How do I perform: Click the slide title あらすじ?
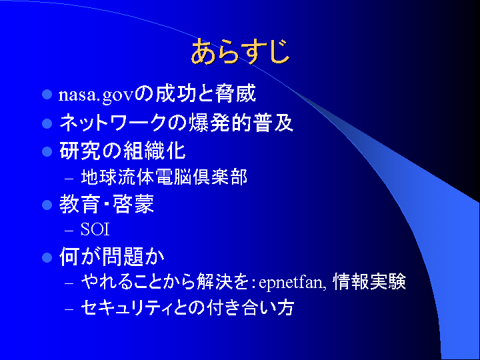[x=240, y=51]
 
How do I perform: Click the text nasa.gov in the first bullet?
[x=97, y=95]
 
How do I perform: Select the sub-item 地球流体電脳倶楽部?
[x=164, y=177]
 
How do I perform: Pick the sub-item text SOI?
[x=95, y=229]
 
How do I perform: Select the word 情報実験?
[x=369, y=281]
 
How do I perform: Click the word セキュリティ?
[x=127, y=307]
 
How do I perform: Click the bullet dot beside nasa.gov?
[x=47, y=94]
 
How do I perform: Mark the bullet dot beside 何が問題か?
[x=47, y=257]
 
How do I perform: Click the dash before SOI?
[x=69, y=231]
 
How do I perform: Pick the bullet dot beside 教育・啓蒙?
[x=47, y=205]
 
